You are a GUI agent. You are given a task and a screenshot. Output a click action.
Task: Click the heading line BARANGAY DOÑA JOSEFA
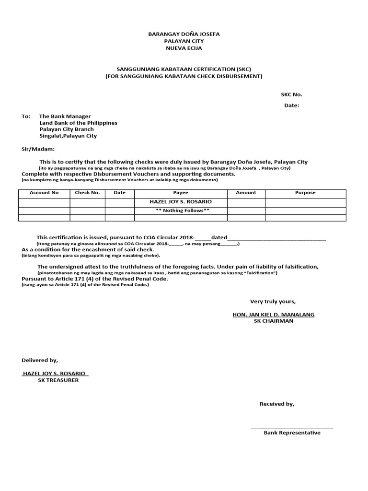pyautogui.click(x=184, y=35)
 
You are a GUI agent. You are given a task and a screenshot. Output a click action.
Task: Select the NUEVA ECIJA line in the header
pyautogui.click(x=184, y=48)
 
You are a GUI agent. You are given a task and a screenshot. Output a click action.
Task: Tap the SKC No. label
pyautogui.click(x=291, y=94)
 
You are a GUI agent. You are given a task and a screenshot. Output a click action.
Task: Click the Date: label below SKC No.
pyautogui.click(x=291, y=105)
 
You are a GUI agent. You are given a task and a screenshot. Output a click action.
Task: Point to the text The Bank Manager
pyautogui.click(x=65, y=117)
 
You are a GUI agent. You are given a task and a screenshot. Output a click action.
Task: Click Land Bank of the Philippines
pyautogui.click(x=78, y=123)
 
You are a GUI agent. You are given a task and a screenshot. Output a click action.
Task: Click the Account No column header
pyautogui.click(x=44, y=193)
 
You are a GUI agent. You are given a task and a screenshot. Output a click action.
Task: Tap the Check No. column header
pyautogui.click(x=87, y=193)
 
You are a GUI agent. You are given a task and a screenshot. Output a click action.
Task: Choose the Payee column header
pyautogui.click(x=181, y=193)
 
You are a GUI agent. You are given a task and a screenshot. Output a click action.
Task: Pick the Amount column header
pyautogui.click(x=246, y=193)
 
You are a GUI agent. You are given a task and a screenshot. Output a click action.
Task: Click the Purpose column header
pyautogui.click(x=305, y=193)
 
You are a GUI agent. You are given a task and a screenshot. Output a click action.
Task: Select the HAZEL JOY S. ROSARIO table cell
pyautogui.click(x=181, y=202)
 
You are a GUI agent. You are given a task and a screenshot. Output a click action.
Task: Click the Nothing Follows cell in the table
pyautogui.click(x=181, y=210)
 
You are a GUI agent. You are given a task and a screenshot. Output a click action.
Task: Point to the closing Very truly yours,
pyautogui.click(x=273, y=302)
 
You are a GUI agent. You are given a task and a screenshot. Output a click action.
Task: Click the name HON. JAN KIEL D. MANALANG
pyautogui.click(x=273, y=315)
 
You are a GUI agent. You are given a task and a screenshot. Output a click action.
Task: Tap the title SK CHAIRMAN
pyautogui.click(x=273, y=321)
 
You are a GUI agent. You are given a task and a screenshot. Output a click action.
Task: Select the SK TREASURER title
pyautogui.click(x=58, y=380)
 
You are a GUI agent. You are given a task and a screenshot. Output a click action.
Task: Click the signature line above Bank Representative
pyautogui.click(x=292, y=428)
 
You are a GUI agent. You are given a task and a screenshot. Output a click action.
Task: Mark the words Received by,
pyautogui.click(x=277, y=404)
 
